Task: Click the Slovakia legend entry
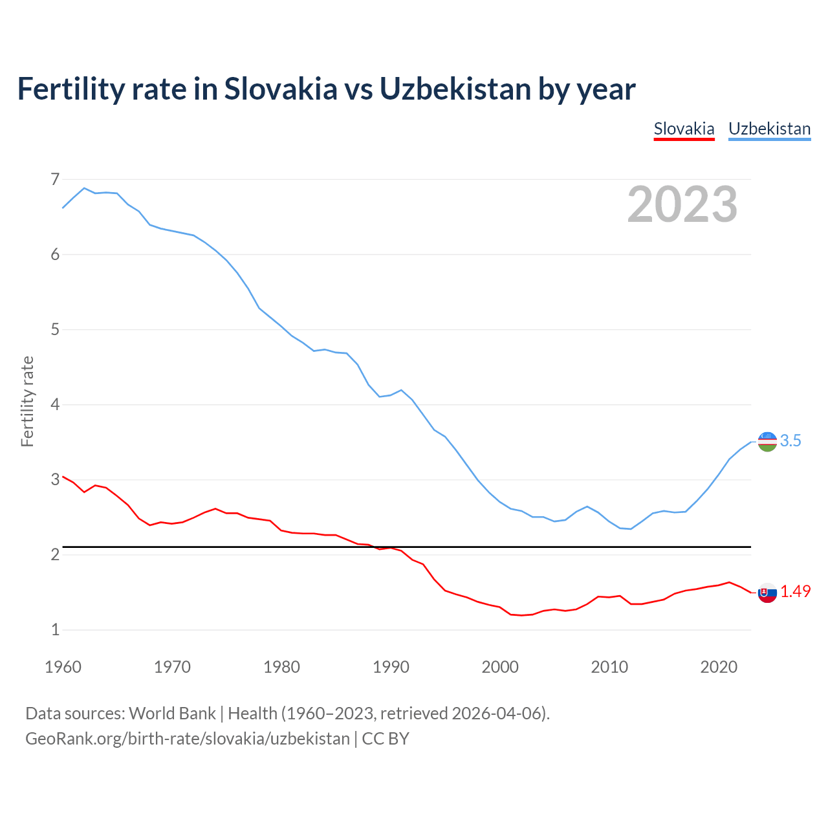[684, 129]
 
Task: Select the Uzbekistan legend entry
[769, 129]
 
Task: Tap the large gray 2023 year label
[682, 204]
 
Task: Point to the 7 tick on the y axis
[55, 179]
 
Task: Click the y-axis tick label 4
[55, 405]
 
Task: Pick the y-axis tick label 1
[55, 629]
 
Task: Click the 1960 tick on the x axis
[63, 667]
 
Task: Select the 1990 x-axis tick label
[391, 667]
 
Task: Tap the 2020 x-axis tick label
[719, 667]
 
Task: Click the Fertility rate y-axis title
[27, 401]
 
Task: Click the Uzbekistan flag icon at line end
[767, 442]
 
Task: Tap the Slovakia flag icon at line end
[767, 592]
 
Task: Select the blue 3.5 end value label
[790, 441]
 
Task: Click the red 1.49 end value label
[795, 592]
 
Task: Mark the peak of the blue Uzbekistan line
[84, 188]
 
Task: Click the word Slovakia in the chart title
[281, 89]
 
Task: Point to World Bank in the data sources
[172, 714]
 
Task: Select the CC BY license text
[386, 739]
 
